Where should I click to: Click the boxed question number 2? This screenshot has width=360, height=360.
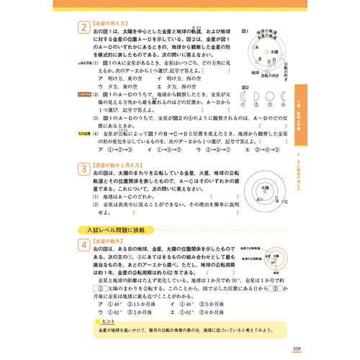84,29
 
